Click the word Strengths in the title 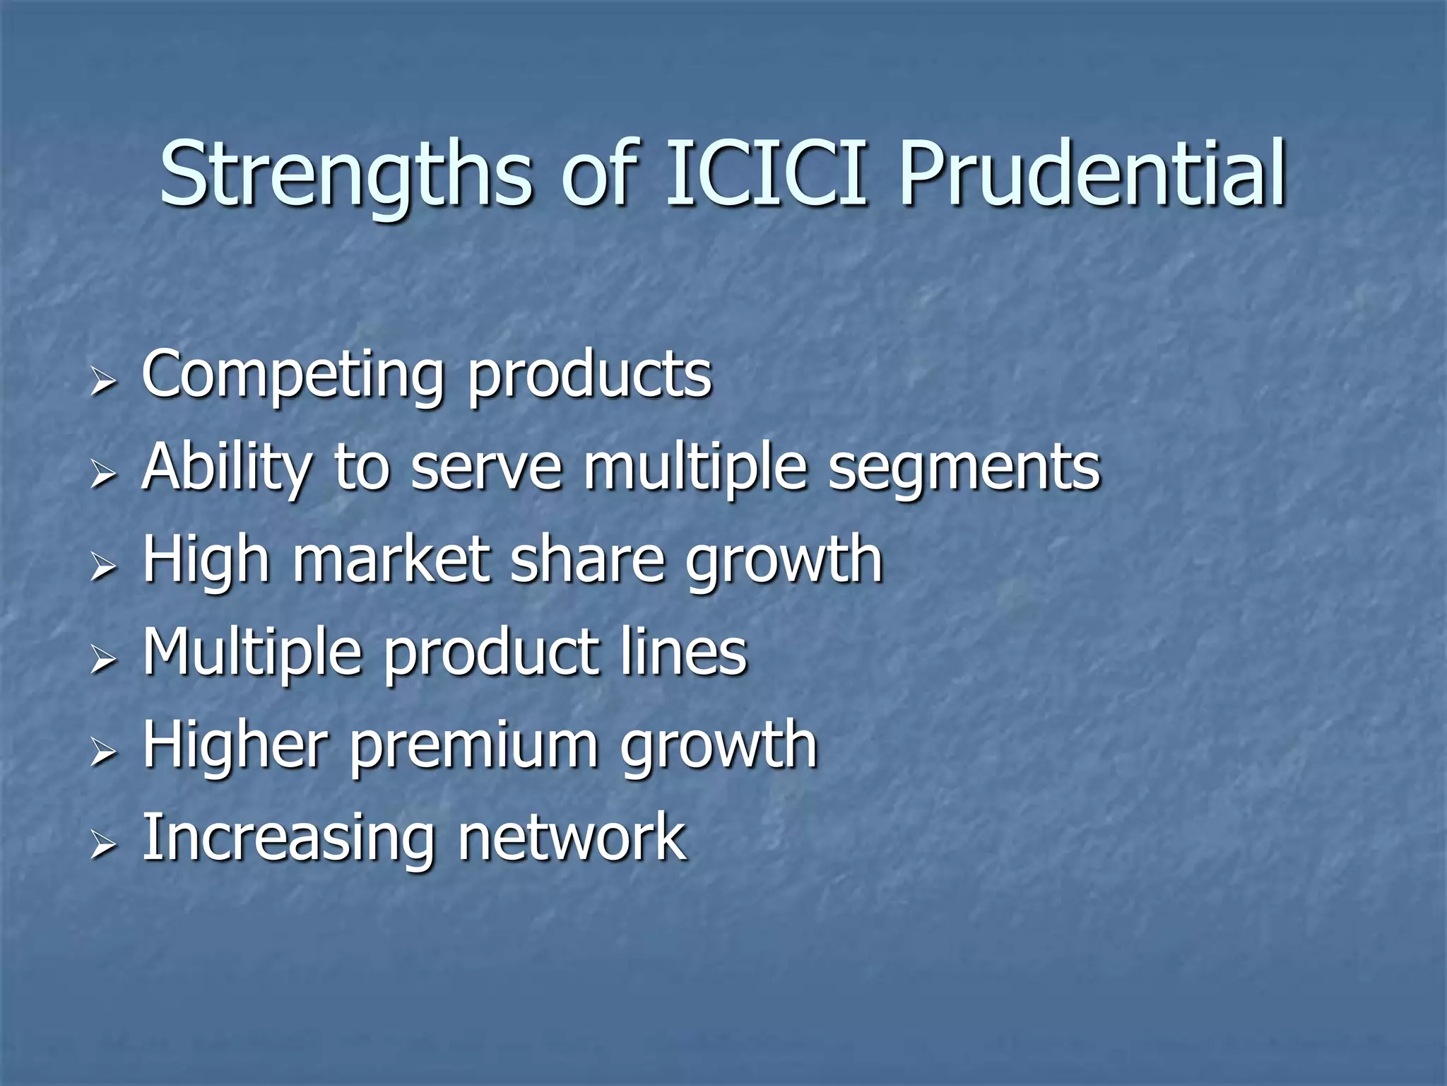point(345,175)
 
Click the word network point(572,838)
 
